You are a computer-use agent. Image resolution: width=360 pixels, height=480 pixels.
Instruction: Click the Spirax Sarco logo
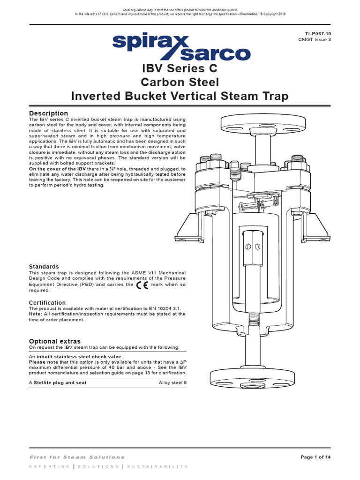click(180, 47)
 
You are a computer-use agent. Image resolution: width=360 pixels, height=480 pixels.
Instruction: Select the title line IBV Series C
click(180, 69)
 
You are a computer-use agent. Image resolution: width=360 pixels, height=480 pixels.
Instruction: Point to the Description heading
click(48, 113)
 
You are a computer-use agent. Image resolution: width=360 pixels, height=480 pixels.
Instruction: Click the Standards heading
click(44, 266)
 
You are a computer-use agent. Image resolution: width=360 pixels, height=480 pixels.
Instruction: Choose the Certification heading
click(47, 303)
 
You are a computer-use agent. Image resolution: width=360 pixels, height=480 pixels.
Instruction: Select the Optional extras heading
click(55, 341)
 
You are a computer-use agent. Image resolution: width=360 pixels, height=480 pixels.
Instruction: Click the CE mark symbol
click(145, 285)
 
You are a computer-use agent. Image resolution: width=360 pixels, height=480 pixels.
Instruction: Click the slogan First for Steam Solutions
click(77, 457)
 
